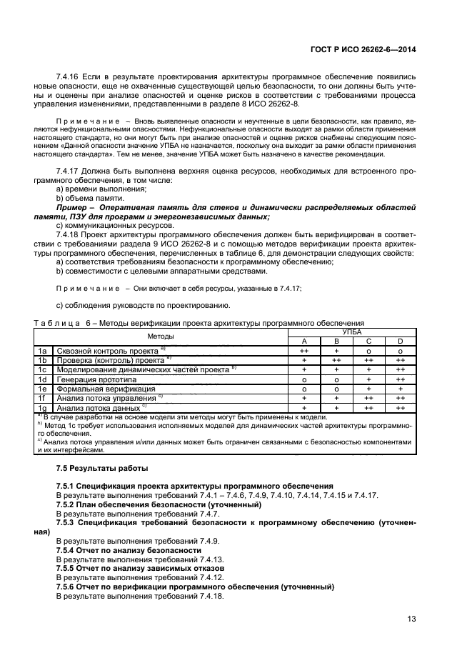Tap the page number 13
coord(411,619)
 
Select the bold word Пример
coord(71,206)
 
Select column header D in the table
coord(400,342)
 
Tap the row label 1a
coord(43,352)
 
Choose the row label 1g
coord(43,407)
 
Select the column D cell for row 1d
coord(400,379)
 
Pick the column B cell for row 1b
coord(336,361)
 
